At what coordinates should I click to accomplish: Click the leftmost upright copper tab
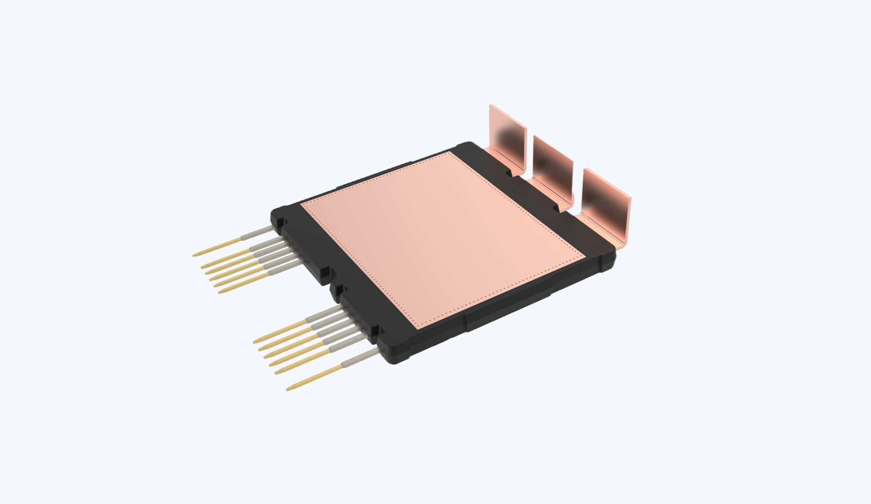pos(509,135)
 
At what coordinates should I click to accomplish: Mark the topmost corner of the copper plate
pos(449,153)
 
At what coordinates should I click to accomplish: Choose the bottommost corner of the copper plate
pos(418,328)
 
